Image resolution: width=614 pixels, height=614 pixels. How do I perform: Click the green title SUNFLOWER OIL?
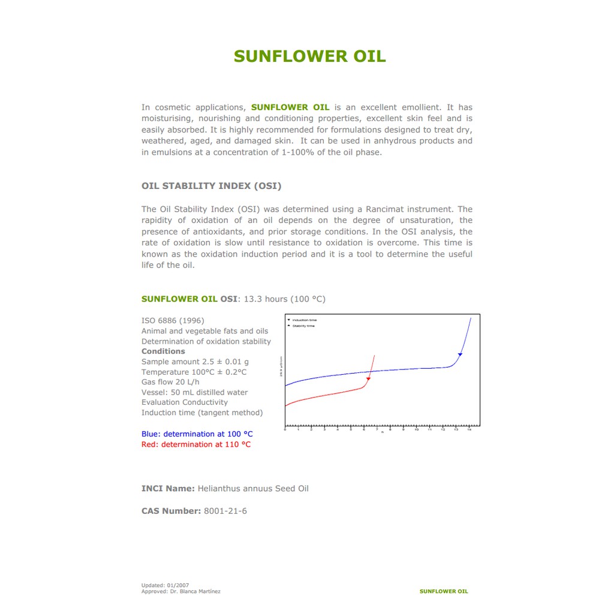[309, 56]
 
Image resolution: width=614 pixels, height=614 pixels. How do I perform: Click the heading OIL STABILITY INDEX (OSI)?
[211, 186]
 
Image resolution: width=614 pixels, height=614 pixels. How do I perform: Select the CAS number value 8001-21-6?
[225, 511]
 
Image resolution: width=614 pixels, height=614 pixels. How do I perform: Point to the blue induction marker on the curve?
[460, 355]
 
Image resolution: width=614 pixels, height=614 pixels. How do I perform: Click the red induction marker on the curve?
[368, 379]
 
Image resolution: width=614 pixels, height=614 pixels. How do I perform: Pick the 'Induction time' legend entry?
[304, 320]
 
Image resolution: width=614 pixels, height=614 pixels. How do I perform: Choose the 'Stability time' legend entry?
[303, 326]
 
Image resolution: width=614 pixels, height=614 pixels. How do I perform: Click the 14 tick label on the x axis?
[469, 430]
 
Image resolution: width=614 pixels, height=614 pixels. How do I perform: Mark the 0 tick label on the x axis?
[285, 430]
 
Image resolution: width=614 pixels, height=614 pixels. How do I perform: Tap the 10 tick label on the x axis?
[416, 430]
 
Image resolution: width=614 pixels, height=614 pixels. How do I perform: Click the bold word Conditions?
[163, 351]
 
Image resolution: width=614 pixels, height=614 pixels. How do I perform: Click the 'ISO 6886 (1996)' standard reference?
[173, 321]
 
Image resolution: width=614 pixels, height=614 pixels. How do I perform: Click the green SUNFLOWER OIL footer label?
[444, 591]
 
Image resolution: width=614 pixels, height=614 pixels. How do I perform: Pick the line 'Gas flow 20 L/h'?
[170, 382]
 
